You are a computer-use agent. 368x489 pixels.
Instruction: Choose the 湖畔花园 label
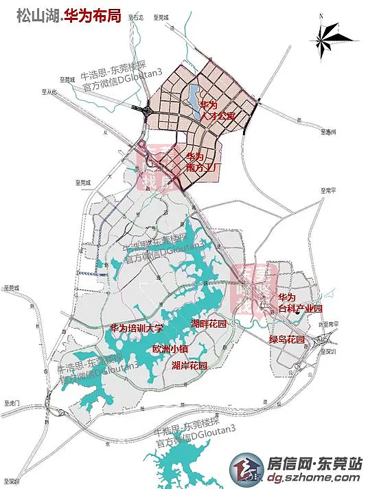(x=209, y=323)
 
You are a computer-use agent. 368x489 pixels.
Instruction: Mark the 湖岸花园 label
(x=189, y=365)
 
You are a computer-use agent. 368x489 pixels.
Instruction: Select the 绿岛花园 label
(x=286, y=339)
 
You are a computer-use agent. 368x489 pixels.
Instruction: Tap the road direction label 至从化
(x=51, y=91)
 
